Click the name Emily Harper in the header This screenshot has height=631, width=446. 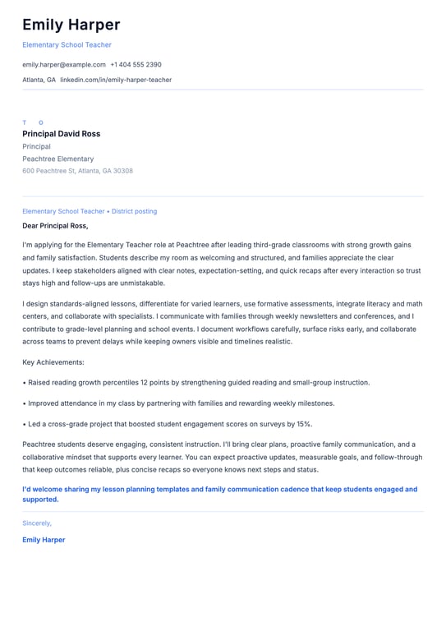tap(71, 25)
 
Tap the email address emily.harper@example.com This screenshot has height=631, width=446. tap(64, 64)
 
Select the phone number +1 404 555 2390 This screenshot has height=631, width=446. tap(136, 64)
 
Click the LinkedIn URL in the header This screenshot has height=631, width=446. tap(116, 80)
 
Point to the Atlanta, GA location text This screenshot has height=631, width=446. tap(39, 80)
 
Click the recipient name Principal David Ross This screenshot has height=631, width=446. tap(62, 134)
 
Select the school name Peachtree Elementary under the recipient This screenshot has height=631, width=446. tap(57, 159)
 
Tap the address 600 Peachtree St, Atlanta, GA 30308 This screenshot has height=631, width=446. tap(77, 171)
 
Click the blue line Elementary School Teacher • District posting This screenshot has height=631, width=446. tap(90, 211)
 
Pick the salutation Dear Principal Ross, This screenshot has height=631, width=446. tap(55, 225)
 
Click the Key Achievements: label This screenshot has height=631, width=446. tap(53, 362)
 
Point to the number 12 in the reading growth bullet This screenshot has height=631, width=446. tap(145, 382)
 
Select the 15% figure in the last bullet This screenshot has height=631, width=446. tap(304, 424)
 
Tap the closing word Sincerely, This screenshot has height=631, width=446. tap(37, 523)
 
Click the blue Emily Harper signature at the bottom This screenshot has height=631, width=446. tap(44, 540)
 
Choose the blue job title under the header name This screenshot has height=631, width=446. tap(67, 44)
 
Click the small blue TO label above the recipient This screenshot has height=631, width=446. tap(33, 122)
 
